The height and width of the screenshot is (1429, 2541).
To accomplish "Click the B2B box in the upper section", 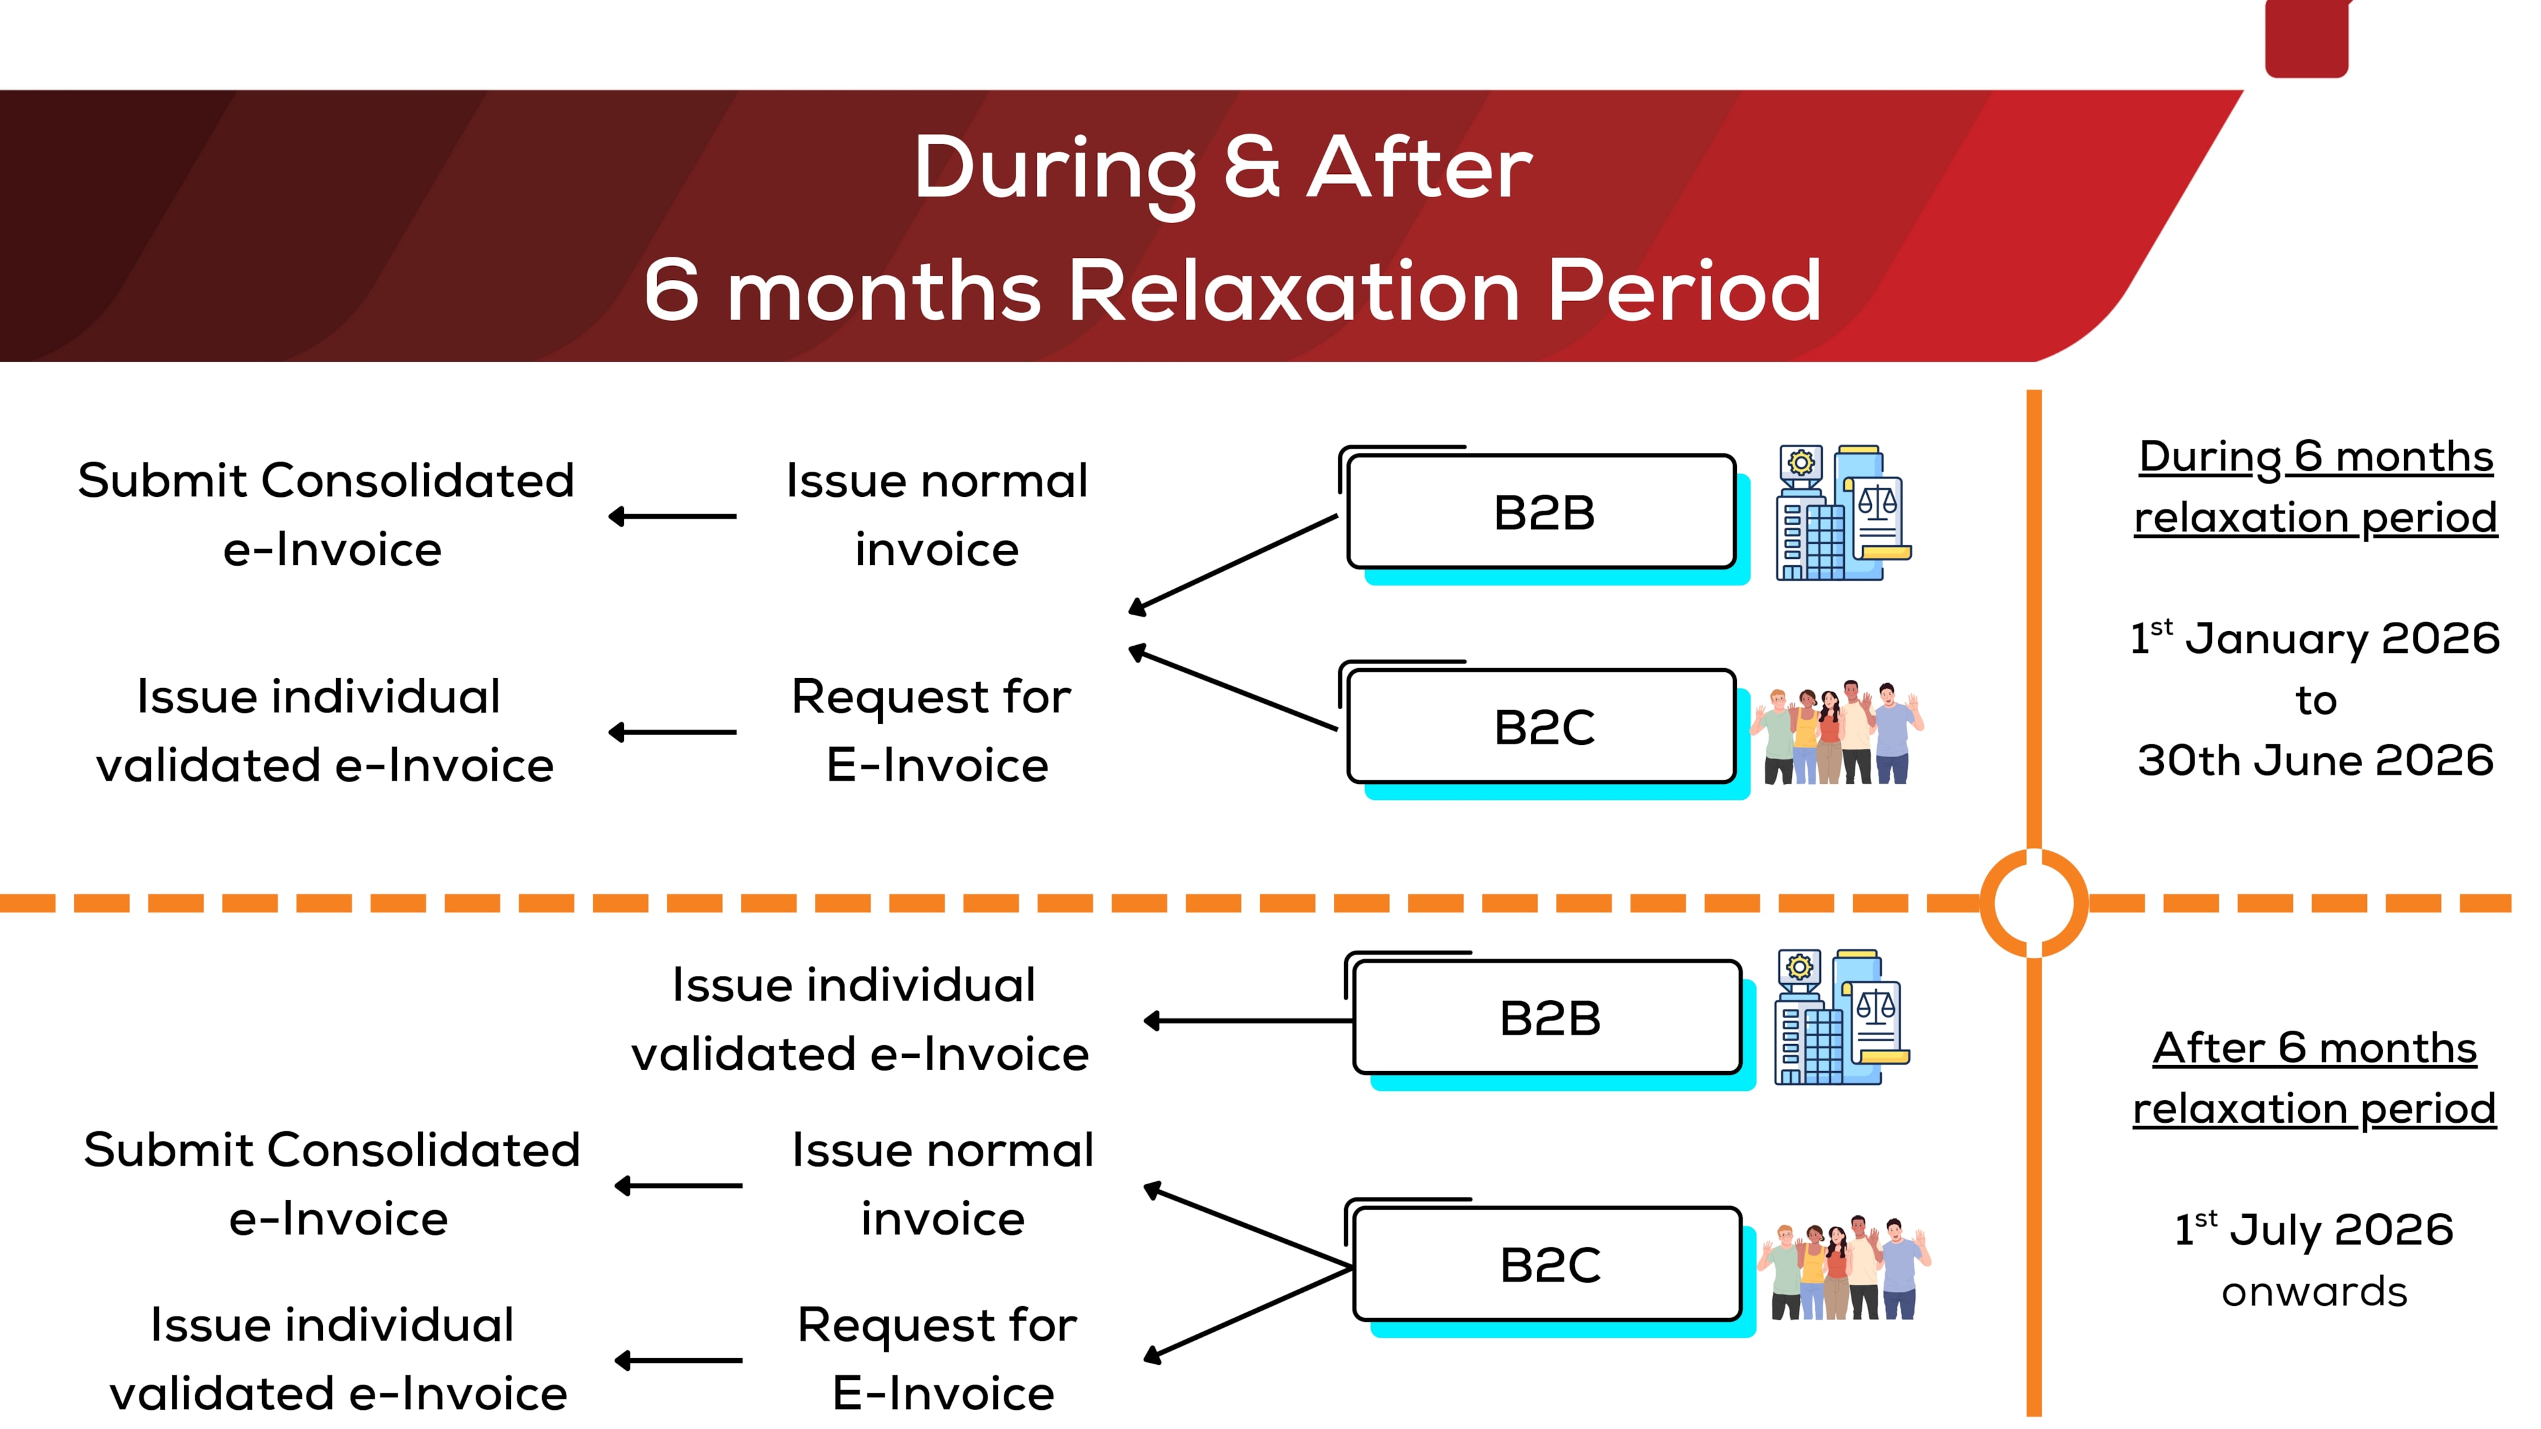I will point(1542,513).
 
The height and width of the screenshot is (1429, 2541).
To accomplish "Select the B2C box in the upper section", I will point(1542,728).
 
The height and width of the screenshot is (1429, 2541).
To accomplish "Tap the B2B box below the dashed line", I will point(1548,1018).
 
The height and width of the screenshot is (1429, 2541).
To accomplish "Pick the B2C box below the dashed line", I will point(1548,1264).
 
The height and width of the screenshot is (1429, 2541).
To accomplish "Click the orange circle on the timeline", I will point(2034,902).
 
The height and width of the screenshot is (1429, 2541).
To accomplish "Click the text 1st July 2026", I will point(2314,1230).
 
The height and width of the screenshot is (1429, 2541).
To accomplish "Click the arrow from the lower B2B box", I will point(1248,1021).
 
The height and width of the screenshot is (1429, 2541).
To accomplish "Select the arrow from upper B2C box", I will point(1233,688).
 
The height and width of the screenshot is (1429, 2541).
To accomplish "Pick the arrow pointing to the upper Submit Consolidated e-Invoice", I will point(673,516).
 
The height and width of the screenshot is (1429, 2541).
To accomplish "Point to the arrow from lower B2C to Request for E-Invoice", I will point(1248,1315).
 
